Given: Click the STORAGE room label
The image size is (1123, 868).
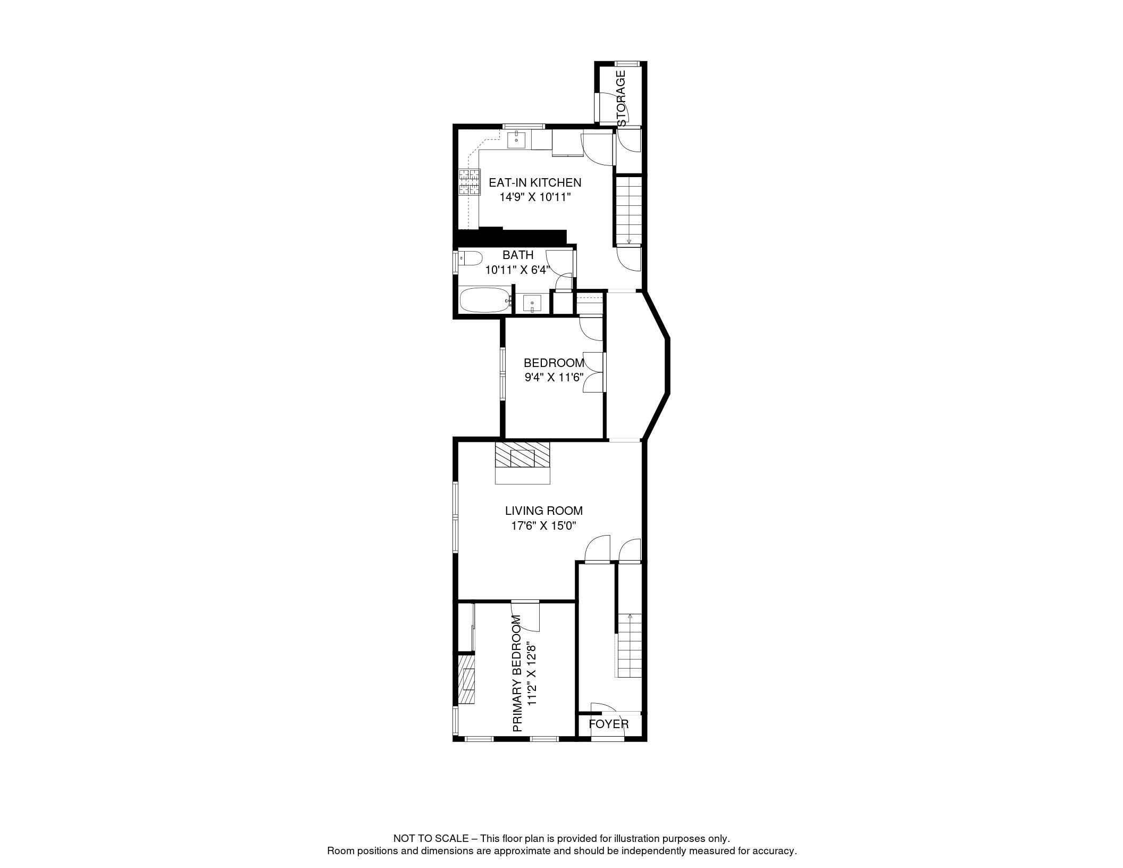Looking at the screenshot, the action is [621, 98].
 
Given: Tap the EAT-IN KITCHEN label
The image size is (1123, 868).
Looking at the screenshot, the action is [535, 182].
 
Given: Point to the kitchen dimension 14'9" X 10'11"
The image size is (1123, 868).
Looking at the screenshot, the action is [535, 197].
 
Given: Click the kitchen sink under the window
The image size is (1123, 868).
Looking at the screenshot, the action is [516, 140].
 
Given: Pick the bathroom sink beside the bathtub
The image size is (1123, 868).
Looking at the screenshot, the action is [532, 304].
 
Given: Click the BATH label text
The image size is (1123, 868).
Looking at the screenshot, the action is [518, 255].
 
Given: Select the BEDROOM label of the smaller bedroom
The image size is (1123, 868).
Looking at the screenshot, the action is [554, 363].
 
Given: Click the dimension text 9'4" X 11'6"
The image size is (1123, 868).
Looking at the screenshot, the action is [554, 378].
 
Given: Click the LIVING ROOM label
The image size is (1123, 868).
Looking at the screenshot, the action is [544, 511].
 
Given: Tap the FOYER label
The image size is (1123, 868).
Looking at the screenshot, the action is [609, 724].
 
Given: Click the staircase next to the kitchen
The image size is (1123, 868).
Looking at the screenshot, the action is [629, 210].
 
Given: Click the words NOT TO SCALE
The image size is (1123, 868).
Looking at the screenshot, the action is [431, 838].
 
